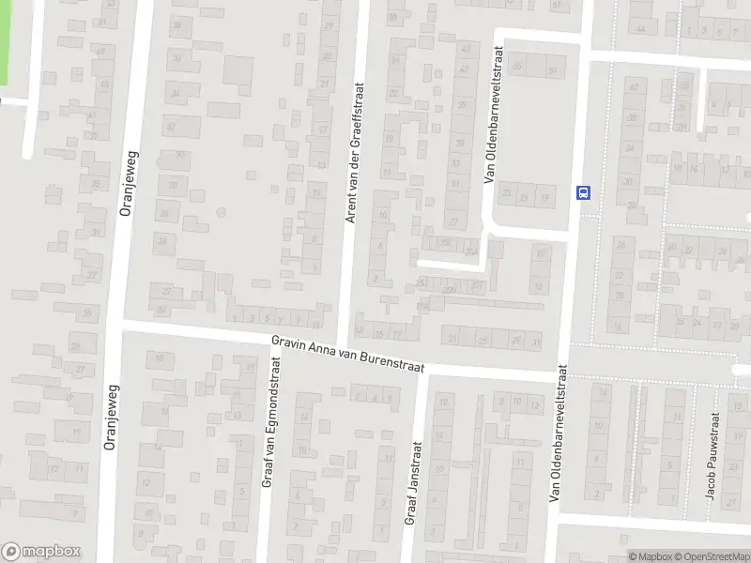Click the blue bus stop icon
[584, 193]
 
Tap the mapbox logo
[41, 552]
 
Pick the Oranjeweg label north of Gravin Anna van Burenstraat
[128, 184]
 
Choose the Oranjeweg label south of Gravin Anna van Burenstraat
[110, 418]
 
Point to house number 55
[518, 70]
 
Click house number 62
[635, 87]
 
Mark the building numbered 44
[641, 29]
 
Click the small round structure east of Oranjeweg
[221, 212]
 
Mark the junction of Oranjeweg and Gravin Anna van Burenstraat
[115, 324]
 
